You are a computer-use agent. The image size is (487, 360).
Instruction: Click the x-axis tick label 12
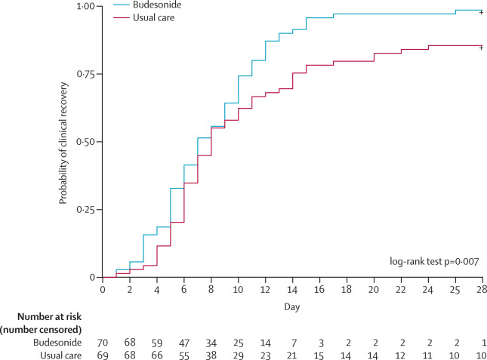click(x=267, y=289)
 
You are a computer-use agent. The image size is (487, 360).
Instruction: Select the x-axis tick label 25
click(x=455, y=289)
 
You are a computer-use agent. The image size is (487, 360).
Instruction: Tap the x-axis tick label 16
click(x=320, y=289)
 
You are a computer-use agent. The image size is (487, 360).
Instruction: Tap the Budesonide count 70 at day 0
click(x=103, y=343)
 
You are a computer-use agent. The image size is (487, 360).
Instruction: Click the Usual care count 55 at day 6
click(x=185, y=354)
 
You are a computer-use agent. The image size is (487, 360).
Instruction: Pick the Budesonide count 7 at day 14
click(x=293, y=343)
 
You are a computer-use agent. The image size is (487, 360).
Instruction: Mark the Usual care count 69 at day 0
click(x=103, y=354)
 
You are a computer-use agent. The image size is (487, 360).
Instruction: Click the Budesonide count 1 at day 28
click(x=482, y=343)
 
